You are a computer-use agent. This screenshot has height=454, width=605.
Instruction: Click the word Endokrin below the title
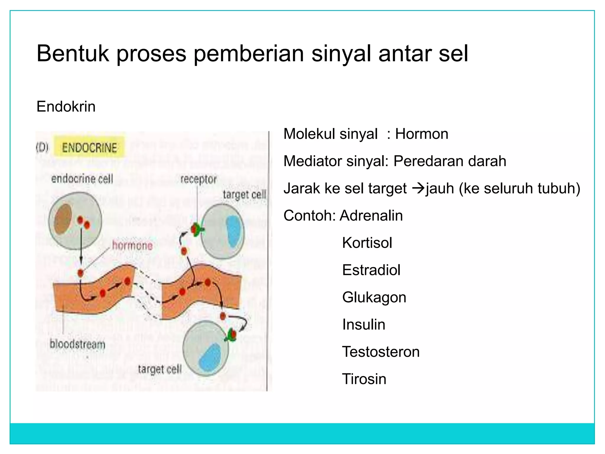(x=66, y=106)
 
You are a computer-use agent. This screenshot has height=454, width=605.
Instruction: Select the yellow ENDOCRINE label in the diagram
(x=89, y=147)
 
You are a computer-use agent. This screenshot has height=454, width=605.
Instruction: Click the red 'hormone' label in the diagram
(x=132, y=245)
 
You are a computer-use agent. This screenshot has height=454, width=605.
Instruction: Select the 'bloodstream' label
(x=77, y=344)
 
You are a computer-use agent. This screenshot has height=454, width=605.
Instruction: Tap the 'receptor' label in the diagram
(x=199, y=179)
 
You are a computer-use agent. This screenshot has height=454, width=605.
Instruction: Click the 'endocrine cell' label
(x=82, y=179)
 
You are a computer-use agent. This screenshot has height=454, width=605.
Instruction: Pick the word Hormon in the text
(x=422, y=134)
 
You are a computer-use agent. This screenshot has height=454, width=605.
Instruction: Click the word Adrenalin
(x=371, y=215)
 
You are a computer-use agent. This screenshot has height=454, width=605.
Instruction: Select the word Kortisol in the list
(x=367, y=243)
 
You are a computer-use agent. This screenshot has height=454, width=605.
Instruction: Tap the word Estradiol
(x=371, y=270)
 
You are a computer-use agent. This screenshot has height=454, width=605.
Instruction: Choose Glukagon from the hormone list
(x=374, y=297)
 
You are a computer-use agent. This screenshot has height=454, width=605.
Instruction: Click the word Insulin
(x=364, y=325)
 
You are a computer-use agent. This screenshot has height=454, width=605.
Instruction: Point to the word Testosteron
(x=381, y=352)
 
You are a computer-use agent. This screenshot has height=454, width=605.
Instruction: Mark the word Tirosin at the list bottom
(x=364, y=379)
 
